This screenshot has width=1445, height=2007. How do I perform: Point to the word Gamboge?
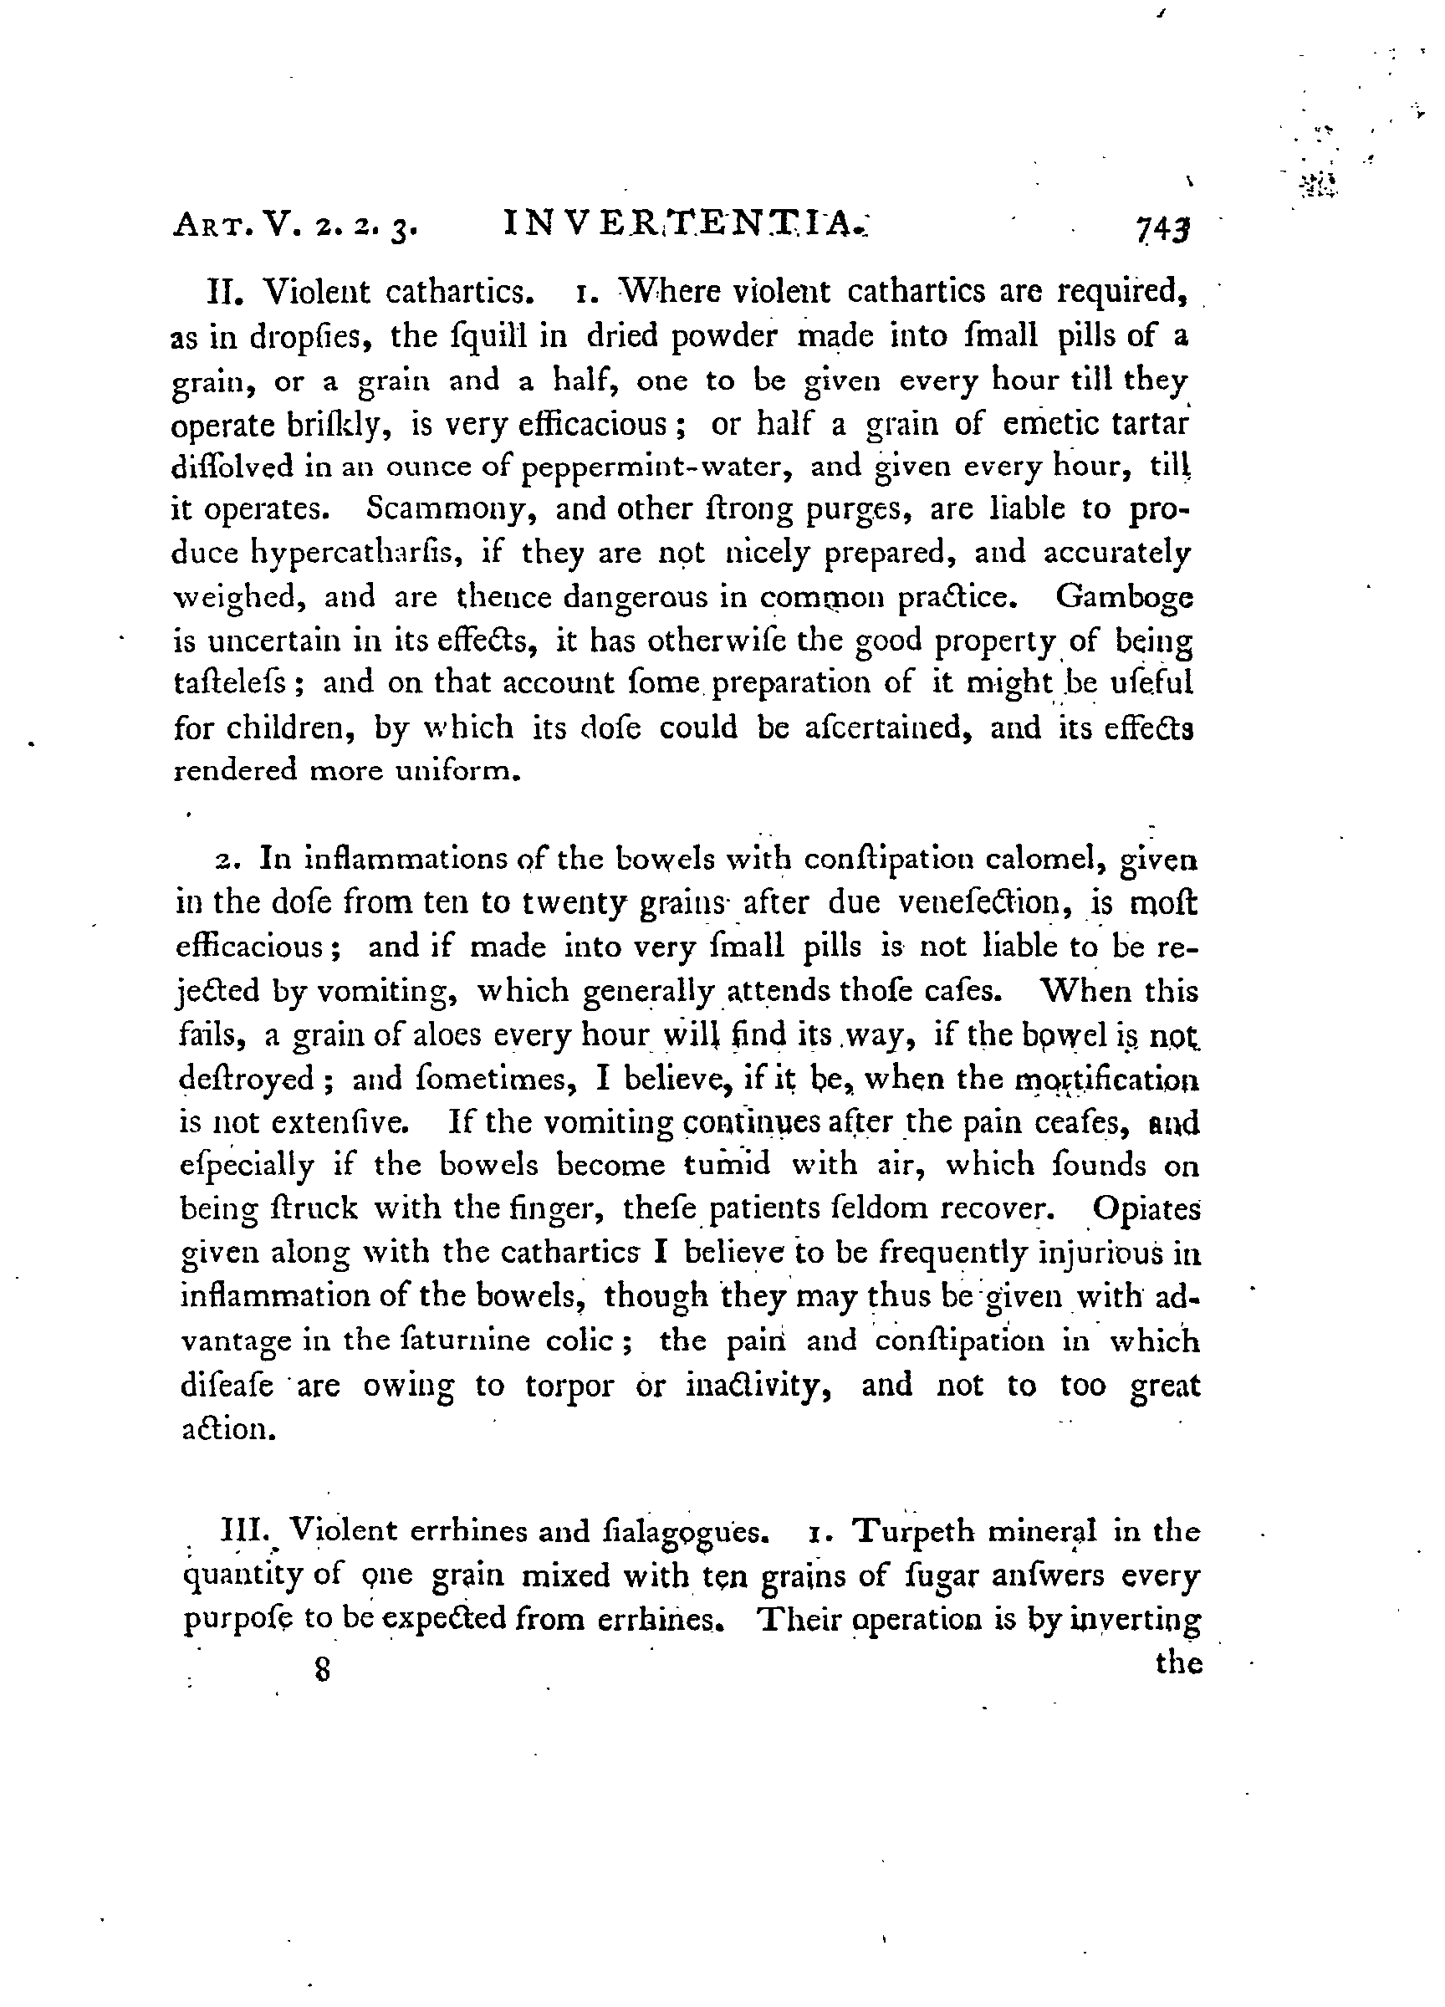1124,598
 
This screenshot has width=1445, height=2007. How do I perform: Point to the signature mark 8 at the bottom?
322,1670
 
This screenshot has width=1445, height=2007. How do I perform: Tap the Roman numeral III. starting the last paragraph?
246,1531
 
